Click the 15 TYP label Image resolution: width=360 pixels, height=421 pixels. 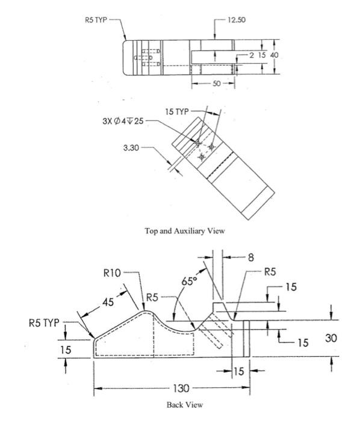point(177,112)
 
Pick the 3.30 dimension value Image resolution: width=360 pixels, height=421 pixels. point(131,147)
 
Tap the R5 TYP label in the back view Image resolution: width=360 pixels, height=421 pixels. point(45,322)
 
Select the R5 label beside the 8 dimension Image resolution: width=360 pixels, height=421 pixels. point(271,271)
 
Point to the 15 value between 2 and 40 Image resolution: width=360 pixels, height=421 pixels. point(261,55)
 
